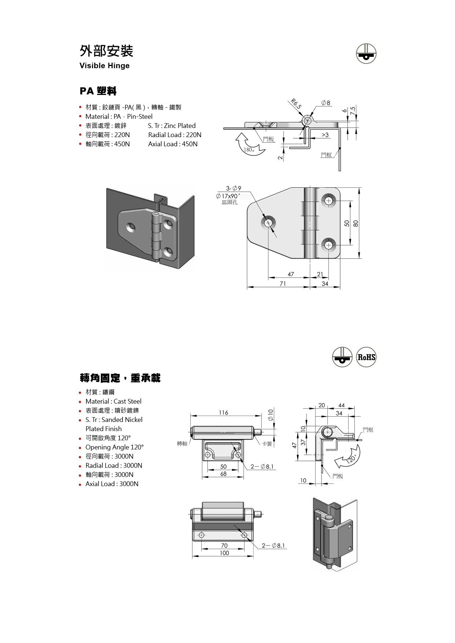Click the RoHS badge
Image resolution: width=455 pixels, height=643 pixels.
(x=366, y=357)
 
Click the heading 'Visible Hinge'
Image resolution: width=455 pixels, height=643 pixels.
(x=104, y=66)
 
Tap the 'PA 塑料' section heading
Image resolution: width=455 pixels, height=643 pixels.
(x=98, y=91)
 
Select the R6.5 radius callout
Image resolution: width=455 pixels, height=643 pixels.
(x=296, y=104)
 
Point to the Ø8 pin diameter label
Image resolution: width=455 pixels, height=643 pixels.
(x=326, y=103)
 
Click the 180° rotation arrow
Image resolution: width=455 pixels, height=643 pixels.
(x=249, y=145)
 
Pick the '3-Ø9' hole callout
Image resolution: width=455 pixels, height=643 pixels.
(x=234, y=188)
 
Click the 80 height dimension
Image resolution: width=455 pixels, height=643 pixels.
(x=356, y=223)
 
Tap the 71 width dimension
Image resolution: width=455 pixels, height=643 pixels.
(x=283, y=284)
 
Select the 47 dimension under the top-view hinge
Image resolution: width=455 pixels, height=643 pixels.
(x=291, y=274)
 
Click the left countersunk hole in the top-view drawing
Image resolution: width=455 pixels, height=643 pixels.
(x=268, y=223)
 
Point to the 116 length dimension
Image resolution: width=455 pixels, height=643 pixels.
(x=223, y=413)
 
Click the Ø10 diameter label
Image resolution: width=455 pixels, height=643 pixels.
(x=271, y=415)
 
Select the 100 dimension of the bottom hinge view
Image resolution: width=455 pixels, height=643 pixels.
(x=224, y=553)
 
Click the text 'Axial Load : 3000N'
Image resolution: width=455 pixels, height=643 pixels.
(x=112, y=484)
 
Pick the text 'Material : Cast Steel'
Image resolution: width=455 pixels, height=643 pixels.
(x=113, y=401)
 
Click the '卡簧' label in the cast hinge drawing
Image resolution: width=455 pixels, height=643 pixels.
(x=267, y=444)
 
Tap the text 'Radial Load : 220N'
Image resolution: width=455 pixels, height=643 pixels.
(x=175, y=135)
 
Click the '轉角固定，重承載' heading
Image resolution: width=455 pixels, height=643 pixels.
(x=120, y=378)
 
